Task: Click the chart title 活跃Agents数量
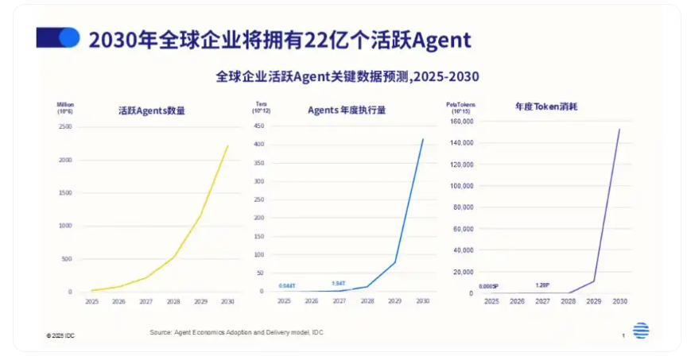pos(151,110)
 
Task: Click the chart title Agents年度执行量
pos(347,110)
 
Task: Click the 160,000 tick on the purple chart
pos(461,122)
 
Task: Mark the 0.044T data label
pos(287,285)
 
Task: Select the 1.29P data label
pos(542,285)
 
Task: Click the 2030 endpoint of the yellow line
pos(227,145)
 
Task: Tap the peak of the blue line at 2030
pos(423,139)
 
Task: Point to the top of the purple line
pos(619,129)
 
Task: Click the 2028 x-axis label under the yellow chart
pos(173,302)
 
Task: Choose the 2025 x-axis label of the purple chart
pos(491,303)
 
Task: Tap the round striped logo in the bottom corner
pos(641,331)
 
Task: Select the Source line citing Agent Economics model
pos(236,331)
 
